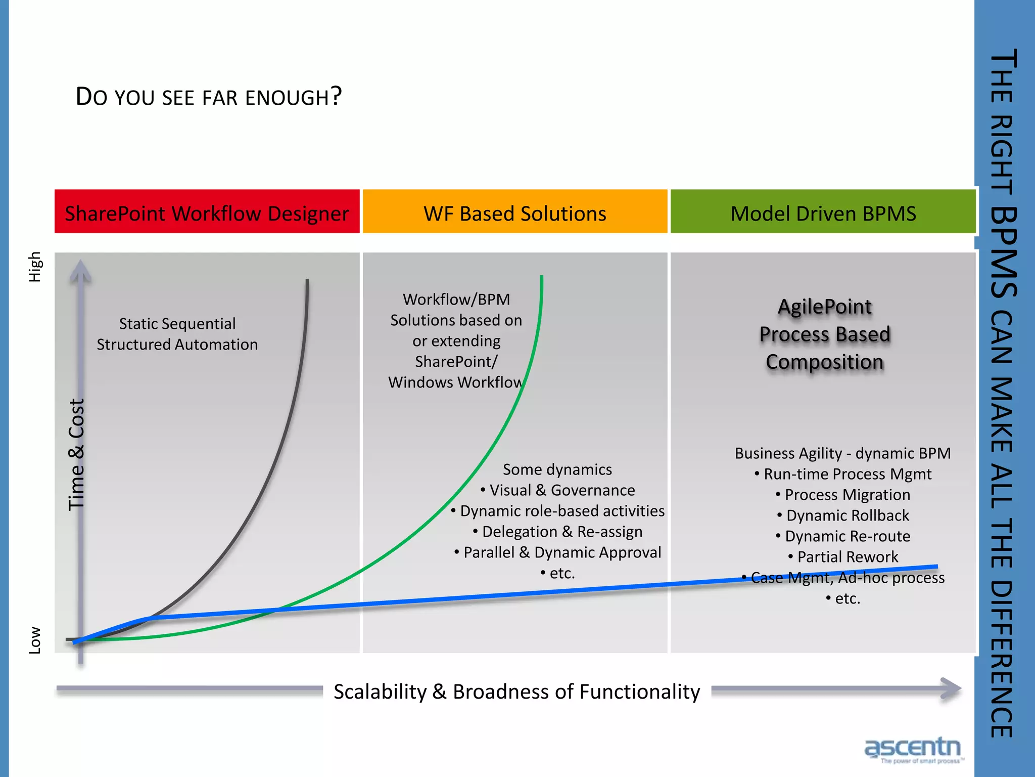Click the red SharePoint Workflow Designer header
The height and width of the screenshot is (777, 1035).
click(x=207, y=213)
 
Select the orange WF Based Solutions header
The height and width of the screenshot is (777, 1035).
click(x=514, y=213)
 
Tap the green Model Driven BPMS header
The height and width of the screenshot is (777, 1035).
click(x=823, y=213)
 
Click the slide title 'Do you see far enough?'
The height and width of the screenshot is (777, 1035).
click(x=208, y=96)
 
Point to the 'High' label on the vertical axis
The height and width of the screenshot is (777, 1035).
click(x=34, y=267)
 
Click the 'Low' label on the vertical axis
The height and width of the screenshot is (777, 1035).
click(x=34, y=640)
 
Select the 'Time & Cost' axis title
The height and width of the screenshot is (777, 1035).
click(x=76, y=454)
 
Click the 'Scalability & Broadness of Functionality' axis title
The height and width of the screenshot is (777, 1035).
click(x=516, y=692)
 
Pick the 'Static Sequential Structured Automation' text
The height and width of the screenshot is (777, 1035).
click(x=177, y=334)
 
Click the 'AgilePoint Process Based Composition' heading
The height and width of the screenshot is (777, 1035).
click(x=825, y=334)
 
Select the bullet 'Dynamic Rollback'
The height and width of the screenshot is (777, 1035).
click(x=847, y=515)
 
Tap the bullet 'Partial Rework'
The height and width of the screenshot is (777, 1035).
click(x=847, y=557)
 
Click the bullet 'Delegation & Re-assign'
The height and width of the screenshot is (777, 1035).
click(x=561, y=532)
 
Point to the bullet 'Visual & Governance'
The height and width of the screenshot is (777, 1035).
click(x=561, y=490)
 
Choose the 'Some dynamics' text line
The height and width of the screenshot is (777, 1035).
click(x=557, y=469)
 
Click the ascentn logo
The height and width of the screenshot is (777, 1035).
click(x=912, y=749)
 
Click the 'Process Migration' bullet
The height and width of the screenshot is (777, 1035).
click(x=847, y=495)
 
